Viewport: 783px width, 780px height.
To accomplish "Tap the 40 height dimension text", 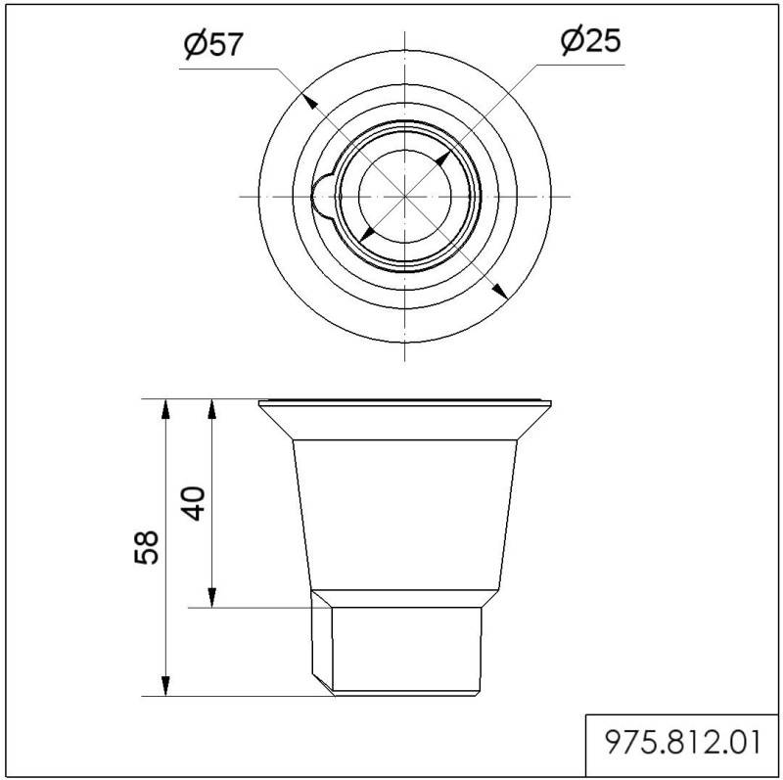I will [x=196, y=503].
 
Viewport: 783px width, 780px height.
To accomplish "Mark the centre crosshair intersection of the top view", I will [x=405, y=196].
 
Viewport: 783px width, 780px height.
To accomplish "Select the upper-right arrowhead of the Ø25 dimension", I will [x=443, y=158].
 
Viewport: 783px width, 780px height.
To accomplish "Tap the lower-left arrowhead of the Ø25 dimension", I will [x=365, y=234].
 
